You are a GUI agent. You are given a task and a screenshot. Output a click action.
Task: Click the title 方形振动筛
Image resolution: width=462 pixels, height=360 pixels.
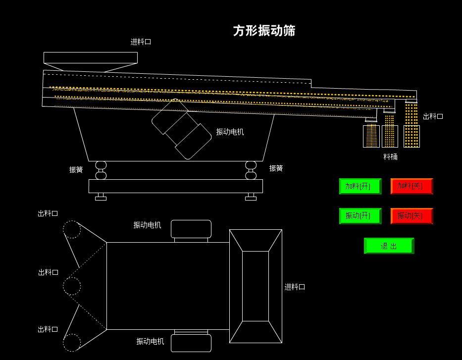click(264, 31)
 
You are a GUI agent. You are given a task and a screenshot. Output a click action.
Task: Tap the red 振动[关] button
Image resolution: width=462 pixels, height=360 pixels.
click(411, 216)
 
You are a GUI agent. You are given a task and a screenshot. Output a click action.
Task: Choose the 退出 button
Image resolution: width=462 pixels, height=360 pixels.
click(389, 246)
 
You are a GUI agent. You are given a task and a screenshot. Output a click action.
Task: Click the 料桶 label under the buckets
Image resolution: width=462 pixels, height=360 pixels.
click(390, 157)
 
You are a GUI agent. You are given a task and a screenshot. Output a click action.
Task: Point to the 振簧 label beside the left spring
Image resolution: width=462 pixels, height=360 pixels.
click(76, 169)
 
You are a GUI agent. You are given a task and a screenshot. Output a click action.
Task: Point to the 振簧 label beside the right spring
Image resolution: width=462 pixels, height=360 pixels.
click(276, 168)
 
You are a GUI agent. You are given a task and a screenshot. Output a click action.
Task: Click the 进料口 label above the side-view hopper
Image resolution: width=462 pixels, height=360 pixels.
click(141, 42)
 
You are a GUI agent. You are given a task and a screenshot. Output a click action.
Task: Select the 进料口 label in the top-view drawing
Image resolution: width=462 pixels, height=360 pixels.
click(295, 287)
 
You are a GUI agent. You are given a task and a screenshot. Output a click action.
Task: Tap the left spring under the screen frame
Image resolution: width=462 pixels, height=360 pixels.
click(101, 170)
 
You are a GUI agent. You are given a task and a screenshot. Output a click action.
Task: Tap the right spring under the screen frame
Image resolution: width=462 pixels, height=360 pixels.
click(251, 170)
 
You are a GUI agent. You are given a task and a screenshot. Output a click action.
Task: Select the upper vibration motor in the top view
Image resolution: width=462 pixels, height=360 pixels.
click(191, 229)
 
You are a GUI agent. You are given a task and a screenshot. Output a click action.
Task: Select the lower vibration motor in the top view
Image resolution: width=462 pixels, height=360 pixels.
click(191, 343)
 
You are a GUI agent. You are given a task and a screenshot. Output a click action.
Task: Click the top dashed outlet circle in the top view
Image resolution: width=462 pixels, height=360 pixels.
click(71, 229)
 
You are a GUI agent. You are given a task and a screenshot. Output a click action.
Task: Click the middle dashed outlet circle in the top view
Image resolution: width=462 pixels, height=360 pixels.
click(71, 286)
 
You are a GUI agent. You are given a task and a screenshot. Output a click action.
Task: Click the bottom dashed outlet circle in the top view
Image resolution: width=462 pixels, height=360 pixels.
click(71, 343)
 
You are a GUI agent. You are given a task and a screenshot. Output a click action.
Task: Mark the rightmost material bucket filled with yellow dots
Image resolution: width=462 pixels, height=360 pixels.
click(411, 136)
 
